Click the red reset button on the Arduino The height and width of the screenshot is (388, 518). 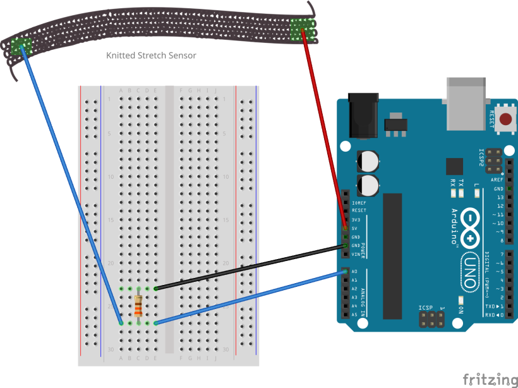pyautogui.click(x=505, y=119)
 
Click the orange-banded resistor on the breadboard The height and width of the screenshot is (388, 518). pyautogui.click(x=138, y=306)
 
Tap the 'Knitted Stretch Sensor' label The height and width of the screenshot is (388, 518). pyautogui.click(x=151, y=56)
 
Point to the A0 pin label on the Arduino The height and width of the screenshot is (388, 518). pyautogui.click(x=354, y=272)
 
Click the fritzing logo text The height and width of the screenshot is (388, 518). pyautogui.click(x=490, y=379)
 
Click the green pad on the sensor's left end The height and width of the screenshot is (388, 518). pyautogui.click(x=21, y=45)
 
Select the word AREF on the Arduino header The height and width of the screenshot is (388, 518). pyautogui.click(x=497, y=180)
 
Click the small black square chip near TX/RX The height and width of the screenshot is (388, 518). pyautogui.click(x=454, y=166)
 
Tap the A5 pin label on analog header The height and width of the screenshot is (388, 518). pyautogui.click(x=354, y=314)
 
